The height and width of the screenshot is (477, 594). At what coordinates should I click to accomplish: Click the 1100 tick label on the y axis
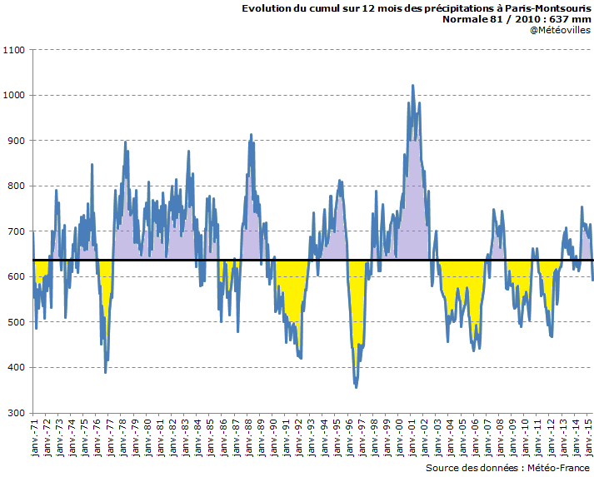(x=15, y=50)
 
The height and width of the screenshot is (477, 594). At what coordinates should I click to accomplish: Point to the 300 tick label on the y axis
(x=17, y=413)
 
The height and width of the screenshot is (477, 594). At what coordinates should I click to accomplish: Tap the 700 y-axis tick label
(x=17, y=231)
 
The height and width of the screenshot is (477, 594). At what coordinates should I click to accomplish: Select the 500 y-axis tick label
(x=17, y=322)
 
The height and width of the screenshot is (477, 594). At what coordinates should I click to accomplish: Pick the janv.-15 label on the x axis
(x=587, y=436)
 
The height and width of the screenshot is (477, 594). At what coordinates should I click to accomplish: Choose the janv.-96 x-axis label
(x=350, y=436)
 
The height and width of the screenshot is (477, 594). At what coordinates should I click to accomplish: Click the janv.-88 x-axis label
(x=249, y=436)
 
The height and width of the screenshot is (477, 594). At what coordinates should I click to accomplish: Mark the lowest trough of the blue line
(x=357, y=387)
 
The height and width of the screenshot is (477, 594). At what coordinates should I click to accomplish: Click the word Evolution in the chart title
(x=266, y=8)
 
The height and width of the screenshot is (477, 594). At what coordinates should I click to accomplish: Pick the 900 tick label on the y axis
(x=17, y=141)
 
